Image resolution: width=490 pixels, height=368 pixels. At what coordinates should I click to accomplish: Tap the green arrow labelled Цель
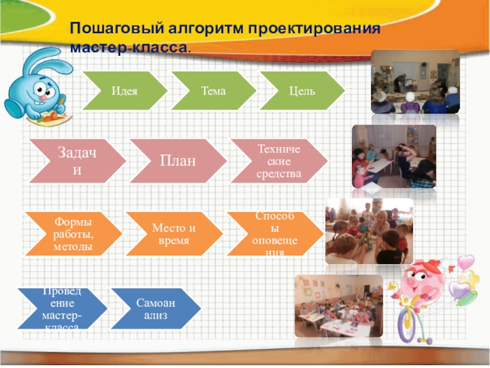pos(302,91)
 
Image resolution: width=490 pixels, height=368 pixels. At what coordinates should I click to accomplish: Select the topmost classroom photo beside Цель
pos(415,82)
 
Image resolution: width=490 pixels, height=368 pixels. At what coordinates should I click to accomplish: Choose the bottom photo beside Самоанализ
pos(339,305)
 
